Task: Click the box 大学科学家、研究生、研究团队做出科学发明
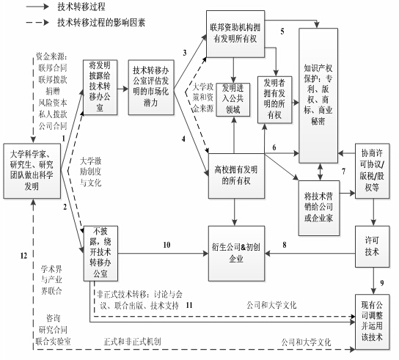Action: [x=32, y=171]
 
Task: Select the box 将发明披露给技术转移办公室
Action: [x=100, y=87]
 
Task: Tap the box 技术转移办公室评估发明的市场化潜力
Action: [x=151, y=87]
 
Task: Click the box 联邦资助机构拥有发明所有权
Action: [x=235, y=34]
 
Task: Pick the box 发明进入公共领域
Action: [x=233, y=100]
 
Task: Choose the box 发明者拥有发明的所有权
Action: [x=274, y=100]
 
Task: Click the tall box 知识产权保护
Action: [x=318, y=95]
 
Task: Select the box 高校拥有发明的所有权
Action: [x=236, y=176]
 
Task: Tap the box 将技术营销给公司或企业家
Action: [x=319, y=207]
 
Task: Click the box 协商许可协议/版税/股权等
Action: [x=373, y=171]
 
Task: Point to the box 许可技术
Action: [x=373, y=246]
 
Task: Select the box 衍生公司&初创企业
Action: [x=236, y=254]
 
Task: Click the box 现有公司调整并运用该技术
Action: [x=373, y=322]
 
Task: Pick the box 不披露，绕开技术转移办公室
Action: [x=100, y=254]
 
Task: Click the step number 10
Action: [x=166, y=245]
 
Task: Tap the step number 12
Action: [x=23, y=255]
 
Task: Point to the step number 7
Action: [x=343, y=172]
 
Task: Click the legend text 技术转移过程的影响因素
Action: [x=101, y=23]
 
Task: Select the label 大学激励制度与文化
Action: [x=91, y=172]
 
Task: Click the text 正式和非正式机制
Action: [x=132, y=342]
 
